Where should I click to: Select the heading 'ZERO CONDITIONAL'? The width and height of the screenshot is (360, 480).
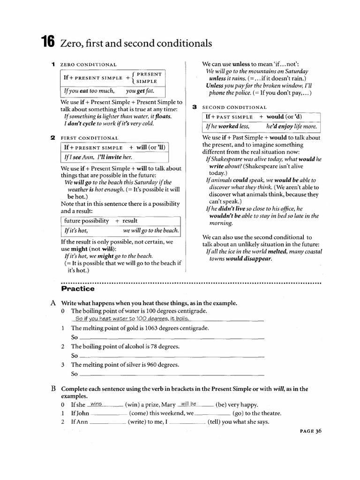89,64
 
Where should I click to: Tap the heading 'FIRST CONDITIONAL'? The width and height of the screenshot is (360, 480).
90,138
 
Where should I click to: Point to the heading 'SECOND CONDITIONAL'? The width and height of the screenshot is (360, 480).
234,107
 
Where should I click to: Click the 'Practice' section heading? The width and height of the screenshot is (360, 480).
78,289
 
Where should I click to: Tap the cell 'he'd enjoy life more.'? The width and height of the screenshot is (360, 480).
292,127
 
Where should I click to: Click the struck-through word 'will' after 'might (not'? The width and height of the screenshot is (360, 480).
108,249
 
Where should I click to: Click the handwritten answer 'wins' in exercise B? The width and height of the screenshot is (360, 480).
97,404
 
